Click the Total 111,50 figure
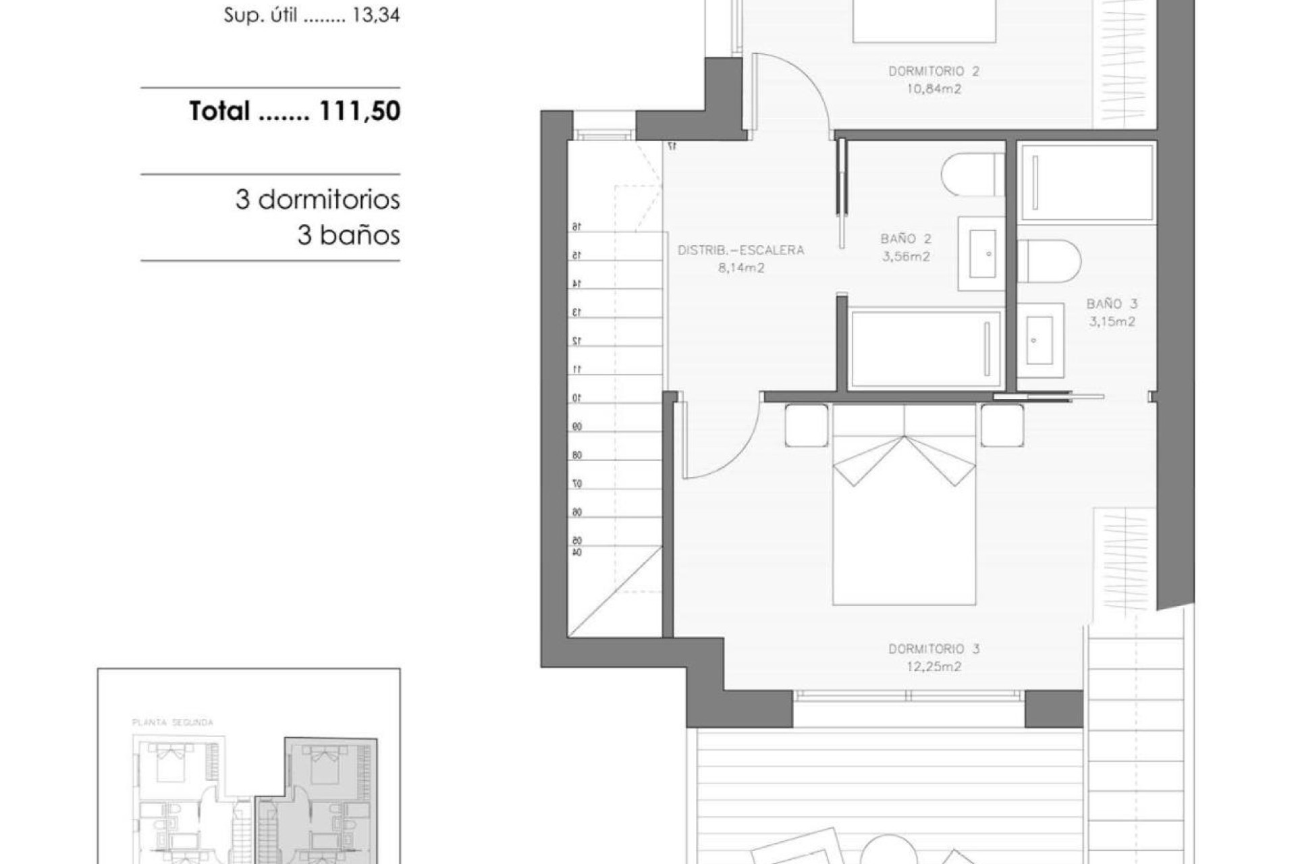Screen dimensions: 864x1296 point(295,111)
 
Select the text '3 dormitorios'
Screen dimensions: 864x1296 point(317,200)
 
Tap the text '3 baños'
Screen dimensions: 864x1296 point(348,236)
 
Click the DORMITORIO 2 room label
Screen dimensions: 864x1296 point(934,71)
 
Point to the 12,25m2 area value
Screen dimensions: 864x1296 point(934,667)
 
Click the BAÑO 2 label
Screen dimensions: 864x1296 point(906,239)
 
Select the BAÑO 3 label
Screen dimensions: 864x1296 point(1112,304)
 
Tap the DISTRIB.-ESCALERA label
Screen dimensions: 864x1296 point(740,250)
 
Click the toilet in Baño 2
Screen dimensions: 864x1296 point(972,174)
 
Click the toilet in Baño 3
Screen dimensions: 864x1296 point(1048,261)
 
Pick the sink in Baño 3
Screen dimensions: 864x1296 point(1039,340)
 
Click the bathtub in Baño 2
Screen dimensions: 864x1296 point(925,349)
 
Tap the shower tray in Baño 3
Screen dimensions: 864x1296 point(1086,182)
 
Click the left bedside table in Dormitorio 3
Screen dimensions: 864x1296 point(807,425)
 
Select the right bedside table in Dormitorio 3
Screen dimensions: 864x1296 point(1002,425)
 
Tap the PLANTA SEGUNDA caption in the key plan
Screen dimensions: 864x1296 point(173,722)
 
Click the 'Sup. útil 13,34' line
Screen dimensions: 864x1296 point(312,16)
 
